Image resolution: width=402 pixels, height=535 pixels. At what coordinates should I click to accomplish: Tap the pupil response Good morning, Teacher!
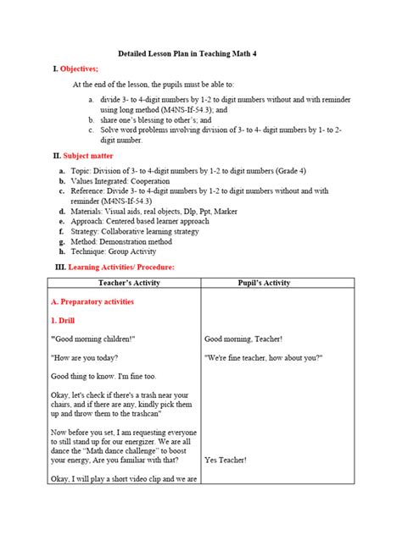tap(243, 339)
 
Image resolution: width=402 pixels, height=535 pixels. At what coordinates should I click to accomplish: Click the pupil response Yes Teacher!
tap(226, 460)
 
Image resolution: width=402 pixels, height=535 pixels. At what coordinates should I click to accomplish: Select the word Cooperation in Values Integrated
tap(146, 180)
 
